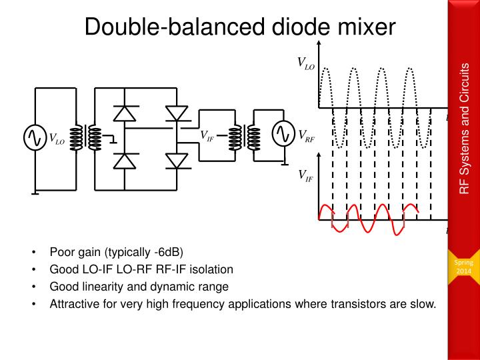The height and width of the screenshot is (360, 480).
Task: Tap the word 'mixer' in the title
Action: pyautogui.click(x=367, y=27)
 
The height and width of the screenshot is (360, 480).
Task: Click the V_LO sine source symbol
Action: pyautogui.click(x=35, y=138)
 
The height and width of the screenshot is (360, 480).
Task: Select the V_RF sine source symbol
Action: pyautogui.click(x=284, y=133)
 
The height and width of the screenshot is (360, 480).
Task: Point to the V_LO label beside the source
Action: pyautogui.click(x=57, y=139)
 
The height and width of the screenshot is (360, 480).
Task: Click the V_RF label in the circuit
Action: pyautogui.click(x=307, y=136)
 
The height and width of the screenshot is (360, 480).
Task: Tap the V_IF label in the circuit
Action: pyautogui.click(x=207, y=135)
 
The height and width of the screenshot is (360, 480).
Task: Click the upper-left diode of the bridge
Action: pyautogui.click(x=125, y=113)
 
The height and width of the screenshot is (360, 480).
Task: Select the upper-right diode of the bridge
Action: pyautogui.click(x=177, y=113)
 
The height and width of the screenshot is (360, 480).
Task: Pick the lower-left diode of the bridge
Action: pyautogui.click(x=125, y=161)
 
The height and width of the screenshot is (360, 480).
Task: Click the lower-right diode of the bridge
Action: pyautogui.click(x=177, y=161)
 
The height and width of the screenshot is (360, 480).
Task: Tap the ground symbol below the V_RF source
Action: pyautogui.click(x=285, y=165)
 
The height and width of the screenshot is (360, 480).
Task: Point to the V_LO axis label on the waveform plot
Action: pyautogui.click(x=306, y=63)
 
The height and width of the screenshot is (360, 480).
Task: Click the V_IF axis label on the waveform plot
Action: pyautogui.click(x=306, y=176)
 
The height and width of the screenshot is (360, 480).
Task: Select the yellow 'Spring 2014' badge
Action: pyautogui.click(x=463, y=267)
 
